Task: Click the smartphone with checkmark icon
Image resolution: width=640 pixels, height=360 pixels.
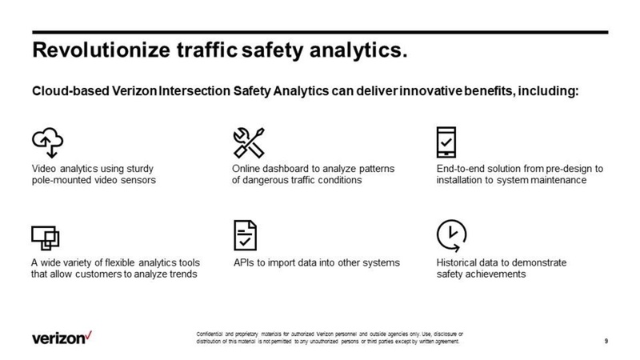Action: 446,142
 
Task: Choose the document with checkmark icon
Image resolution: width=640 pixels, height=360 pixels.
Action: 245,234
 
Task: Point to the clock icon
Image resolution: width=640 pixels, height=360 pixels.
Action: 450,234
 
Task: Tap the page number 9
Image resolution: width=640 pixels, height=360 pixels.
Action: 607,342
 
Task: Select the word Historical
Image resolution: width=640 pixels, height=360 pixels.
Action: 459,262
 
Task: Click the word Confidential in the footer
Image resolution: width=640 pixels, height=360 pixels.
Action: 210,332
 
